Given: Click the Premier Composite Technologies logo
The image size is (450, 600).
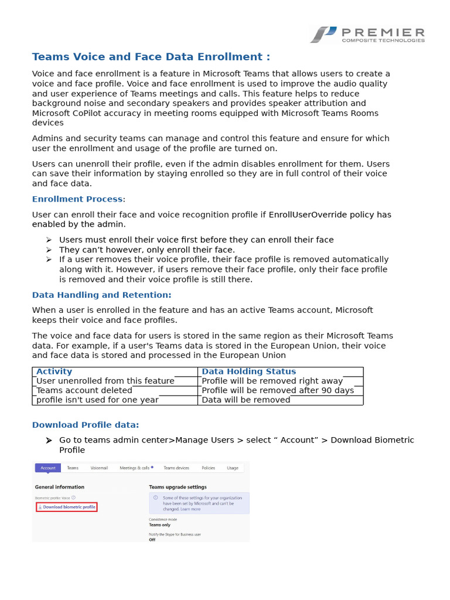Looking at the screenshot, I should coord(367,35).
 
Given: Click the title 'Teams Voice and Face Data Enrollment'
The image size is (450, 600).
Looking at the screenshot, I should coord(151,57).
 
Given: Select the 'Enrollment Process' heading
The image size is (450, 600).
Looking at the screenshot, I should coord(77,199).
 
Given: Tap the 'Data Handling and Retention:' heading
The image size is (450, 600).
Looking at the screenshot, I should coord(101,295).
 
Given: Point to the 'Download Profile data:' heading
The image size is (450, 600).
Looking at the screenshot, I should coord(86,425).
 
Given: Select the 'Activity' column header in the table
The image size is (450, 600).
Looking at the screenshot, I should coord(54,371).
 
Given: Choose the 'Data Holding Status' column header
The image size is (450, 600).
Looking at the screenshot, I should coord(248,371).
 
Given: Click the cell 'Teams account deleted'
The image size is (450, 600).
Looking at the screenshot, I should coord(84,390).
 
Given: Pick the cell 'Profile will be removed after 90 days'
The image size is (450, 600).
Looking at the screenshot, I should coord(278,390).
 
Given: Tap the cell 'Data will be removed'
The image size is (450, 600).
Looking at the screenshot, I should coord(246,400).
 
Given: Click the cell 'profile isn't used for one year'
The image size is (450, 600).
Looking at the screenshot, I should coord(97,400).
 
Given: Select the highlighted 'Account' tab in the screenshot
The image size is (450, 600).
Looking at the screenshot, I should coord(48,468).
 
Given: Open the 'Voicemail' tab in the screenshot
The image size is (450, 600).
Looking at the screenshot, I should coord(99,468).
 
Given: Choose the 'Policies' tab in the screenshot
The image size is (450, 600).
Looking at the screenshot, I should coord(208,468).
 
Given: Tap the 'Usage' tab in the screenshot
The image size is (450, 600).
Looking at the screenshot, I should coord(233,468).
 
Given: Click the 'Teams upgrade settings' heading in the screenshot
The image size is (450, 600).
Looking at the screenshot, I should coord(178,487).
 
